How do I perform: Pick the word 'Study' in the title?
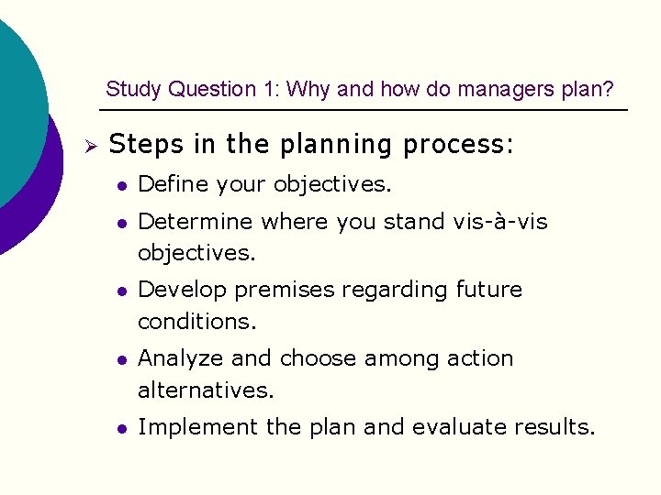coord(129,89)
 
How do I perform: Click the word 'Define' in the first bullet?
coord(174,184)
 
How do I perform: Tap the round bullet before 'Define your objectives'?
coord(120,185)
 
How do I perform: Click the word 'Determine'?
coord(196,221)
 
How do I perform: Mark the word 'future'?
coord(488,290)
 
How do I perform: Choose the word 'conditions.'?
coord(197,322)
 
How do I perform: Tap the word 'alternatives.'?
coord(206,390)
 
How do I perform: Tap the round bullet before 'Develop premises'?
coord(120,291)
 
